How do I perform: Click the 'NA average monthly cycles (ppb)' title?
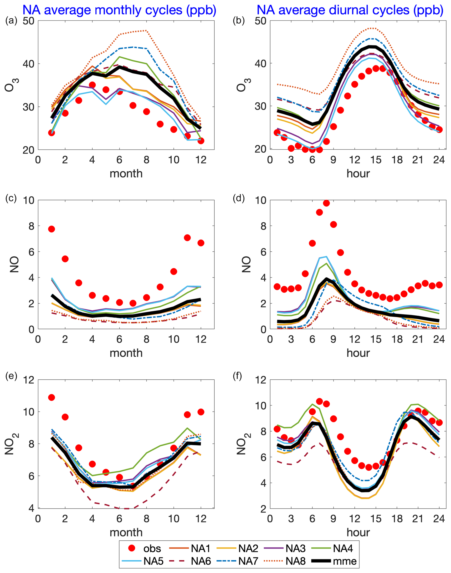(x=119, y=10)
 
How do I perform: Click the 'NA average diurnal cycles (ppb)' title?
(x=350, y=10)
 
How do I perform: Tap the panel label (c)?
(x=11, y=198)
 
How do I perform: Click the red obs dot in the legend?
(x=132, y=548)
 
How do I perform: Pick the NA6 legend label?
(x=201, y=561)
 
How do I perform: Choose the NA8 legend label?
(x=296, y=561)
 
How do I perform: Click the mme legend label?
(x=345, y=561)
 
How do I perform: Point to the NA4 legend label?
(x=343, y=548)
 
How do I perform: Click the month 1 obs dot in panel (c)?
(x=51, y=229)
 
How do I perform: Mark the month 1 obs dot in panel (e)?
(x=51, y=397)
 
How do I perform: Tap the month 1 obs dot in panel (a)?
(x=51, y=133)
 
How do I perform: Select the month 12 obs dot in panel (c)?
(x=201, y=243)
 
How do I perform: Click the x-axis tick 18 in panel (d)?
(x=397, y=339)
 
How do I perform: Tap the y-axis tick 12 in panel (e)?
(x=29, y=380)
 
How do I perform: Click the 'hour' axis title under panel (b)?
(x=358, y=174)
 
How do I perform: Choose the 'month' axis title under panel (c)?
(x=126, y=353)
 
